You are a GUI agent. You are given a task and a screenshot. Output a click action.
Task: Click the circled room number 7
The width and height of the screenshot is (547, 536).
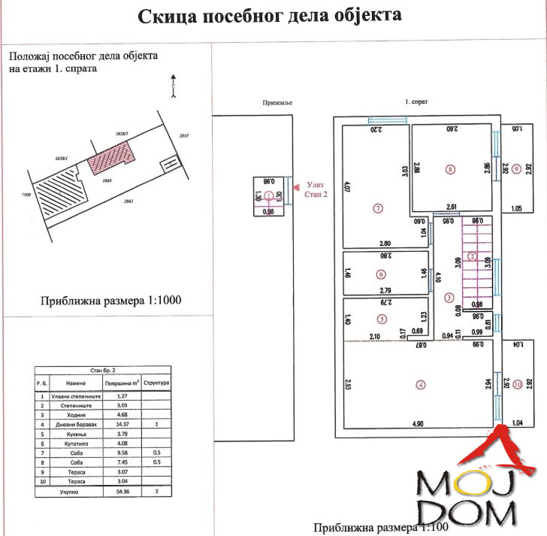[378, 207]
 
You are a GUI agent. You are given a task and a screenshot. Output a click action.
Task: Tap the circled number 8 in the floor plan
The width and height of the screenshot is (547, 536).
[449, 169]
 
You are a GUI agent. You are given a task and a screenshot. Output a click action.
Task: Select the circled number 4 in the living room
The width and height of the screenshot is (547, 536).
[421, 385]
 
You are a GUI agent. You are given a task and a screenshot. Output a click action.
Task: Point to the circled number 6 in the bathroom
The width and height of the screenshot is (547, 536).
[382, 274]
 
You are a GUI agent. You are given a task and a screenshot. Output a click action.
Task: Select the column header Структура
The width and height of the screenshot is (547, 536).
[157, 382]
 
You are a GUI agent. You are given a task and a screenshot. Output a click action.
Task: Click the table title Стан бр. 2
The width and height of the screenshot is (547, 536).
[103, 370]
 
